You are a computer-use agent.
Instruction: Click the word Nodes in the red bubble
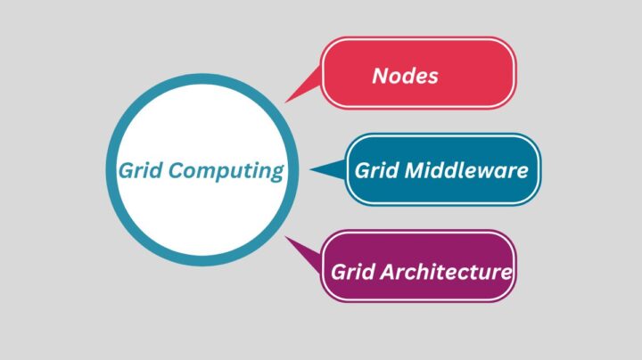(x=405, y=76)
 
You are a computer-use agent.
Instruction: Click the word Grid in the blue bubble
(x=375, y=170)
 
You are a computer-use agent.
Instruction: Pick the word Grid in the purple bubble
(x=351, y=271)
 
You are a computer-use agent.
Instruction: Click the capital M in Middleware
(x=411, y=170)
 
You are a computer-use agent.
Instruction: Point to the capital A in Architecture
(x=385, y=271)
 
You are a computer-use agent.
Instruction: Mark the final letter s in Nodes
(x=432, y=77)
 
